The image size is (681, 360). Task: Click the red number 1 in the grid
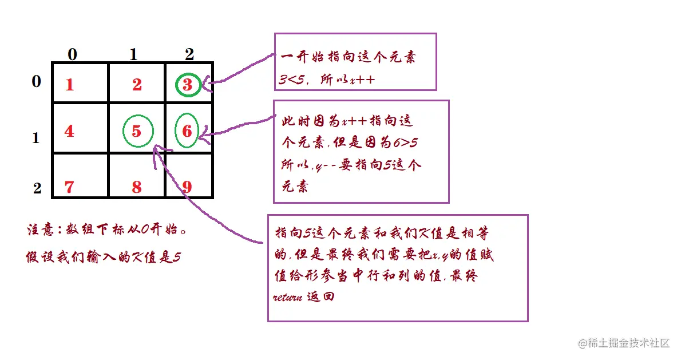(x=70, y=85)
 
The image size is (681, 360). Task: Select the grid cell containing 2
(x=137, y=84)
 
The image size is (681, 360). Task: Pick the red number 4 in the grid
(x=69, y=131)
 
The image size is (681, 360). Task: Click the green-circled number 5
(x=137, y=131)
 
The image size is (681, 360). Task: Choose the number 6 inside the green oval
(x=187, y=131)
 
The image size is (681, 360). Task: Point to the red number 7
(x=69, y=187)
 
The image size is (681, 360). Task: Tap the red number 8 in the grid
(x=137, y=187)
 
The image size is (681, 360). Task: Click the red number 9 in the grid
(x=187, y=187)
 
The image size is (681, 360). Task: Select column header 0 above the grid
(x=72, y=54)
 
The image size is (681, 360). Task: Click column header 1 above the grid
(x=133, y=54)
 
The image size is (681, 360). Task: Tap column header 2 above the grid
(x=189, y=54)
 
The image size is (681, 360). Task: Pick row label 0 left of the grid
(x=36, y=82)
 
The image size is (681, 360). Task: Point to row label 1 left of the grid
(x=36, y=138)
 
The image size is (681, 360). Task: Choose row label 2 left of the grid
(x=37, y=188)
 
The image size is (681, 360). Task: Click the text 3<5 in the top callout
(x=291, y=80)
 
